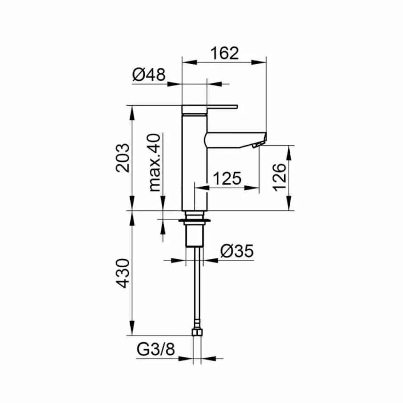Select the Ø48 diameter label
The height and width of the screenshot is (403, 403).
pos(148,76)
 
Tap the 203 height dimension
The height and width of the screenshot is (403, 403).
pos(123,157)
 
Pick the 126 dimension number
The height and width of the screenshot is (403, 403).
pos(280,177)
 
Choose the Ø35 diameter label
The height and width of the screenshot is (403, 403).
pos(237,252)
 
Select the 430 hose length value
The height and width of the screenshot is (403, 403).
pos(123,274)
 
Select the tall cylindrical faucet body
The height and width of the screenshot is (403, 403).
pos(194,165)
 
